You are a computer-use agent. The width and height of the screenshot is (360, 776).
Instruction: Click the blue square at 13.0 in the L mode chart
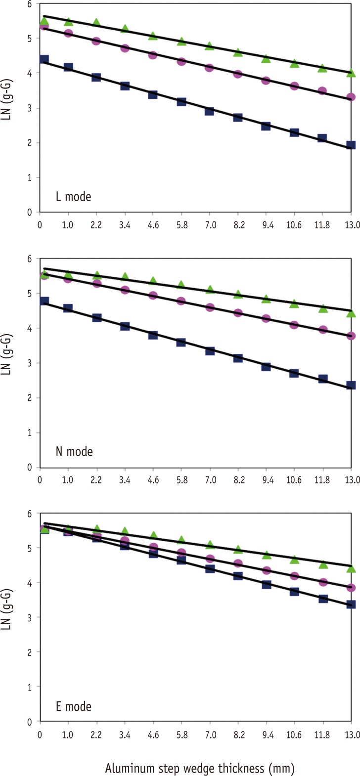point(351,145)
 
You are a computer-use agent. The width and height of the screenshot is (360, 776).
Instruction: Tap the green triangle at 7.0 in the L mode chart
point(210,46)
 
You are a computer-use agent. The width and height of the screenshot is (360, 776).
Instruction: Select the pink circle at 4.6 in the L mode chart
point(153,55)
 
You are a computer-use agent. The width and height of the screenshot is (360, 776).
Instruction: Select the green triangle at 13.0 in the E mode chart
point(351,569)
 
